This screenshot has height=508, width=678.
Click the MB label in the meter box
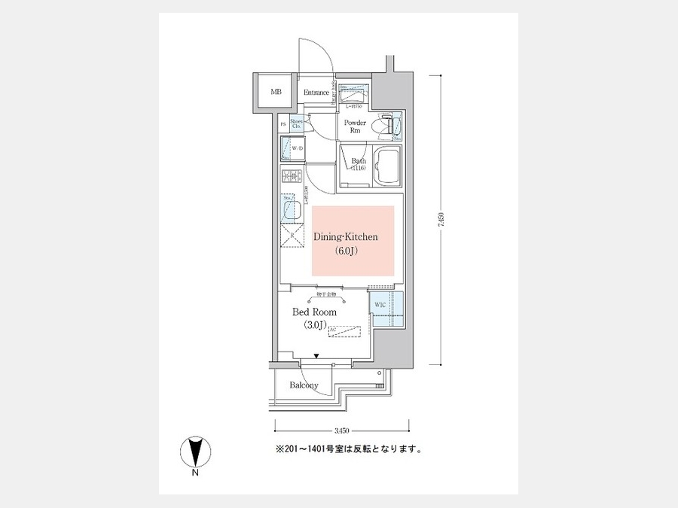[x=276, y=93]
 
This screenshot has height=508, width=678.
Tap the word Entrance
[x=316, y=93]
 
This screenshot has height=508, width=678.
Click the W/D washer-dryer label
[x=297, y=148]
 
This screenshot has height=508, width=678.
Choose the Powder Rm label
[x=355, y=126]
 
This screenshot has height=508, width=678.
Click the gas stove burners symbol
[x=291, y=178]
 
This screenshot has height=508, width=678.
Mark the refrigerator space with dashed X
[x=291, y=236]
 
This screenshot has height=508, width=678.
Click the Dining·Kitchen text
[x=346, y=237]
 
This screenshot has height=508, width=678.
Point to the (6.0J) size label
[x=346, y=251]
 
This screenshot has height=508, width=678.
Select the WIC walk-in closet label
[x=379, y=305]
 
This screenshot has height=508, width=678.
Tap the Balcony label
[x=304, y=385]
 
